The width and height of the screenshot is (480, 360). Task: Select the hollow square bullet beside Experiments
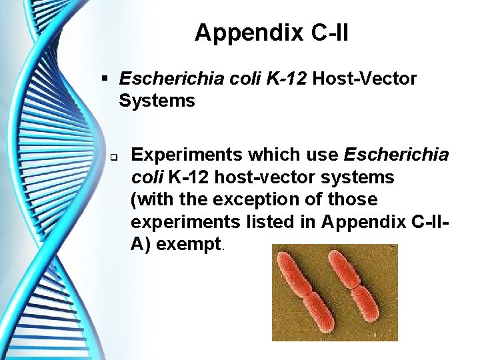tap(115, 158)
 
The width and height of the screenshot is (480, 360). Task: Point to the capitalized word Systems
tap(157, 101)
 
